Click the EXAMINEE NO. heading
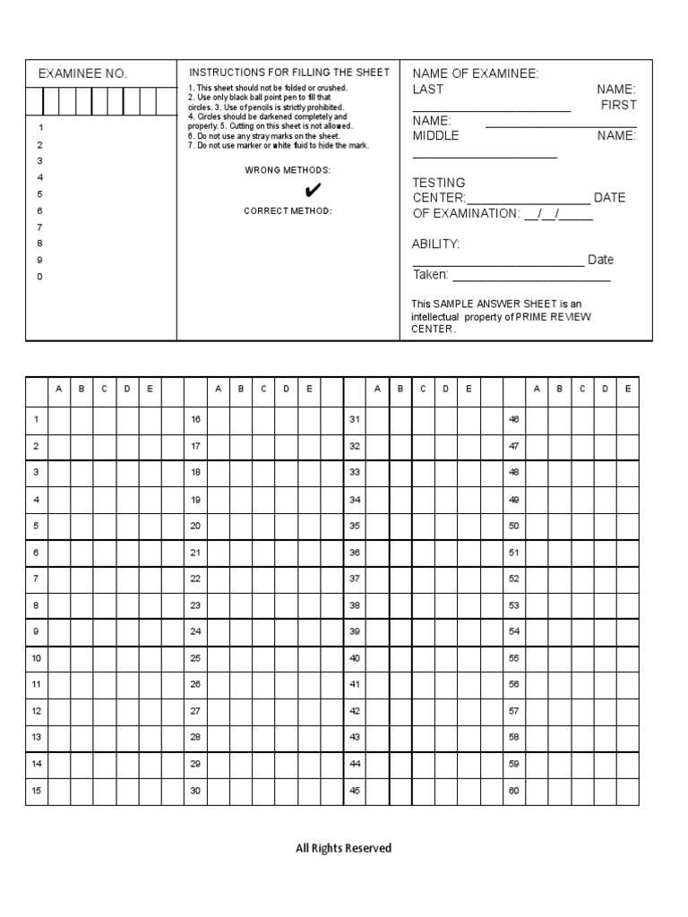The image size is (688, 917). click(x=82, y=73)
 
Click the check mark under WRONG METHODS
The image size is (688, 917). click(x=313, y=190)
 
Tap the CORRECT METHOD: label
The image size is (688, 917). click(x=288, y=211)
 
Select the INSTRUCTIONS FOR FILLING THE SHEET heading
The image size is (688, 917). click(x=288, y=72)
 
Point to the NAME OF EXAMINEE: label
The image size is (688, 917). click(x=475, y=73)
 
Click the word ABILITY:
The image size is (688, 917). click(x=435, y=244)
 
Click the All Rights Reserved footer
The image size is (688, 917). click(x=343, y=848)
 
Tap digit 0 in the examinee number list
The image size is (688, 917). click(x=39, y=277)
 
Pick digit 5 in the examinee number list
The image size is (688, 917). click(x=39, y=194)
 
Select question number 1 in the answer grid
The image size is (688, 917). click(x=36, y=419)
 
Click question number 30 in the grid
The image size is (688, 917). click(x=195, y=791)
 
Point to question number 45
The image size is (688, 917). click(x=354, y=791)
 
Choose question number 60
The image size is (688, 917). click(x=514, y=791)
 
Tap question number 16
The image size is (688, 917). click(x=195, y=419)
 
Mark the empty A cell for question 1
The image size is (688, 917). click(x=59, y=419)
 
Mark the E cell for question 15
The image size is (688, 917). click(x=150, y=791)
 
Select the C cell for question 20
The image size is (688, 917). click(x=263, y=526)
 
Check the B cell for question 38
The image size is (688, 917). click(x=400, y=605)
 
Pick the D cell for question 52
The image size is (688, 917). click(x=606, y=578)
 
